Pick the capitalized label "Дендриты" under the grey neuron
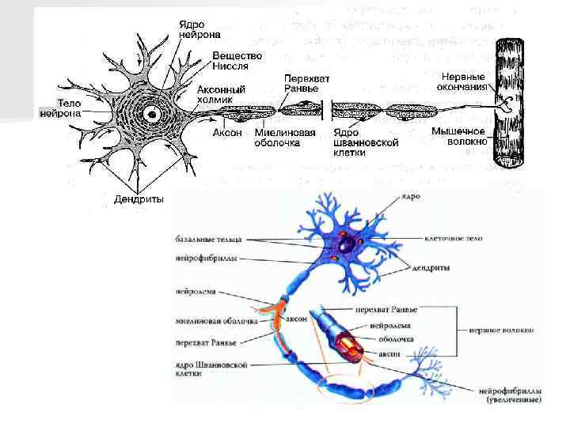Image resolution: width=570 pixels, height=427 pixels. click(137, 199)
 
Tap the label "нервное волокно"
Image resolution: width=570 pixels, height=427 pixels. click(500, 330)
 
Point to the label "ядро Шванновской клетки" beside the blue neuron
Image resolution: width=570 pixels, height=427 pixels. click(211, 368)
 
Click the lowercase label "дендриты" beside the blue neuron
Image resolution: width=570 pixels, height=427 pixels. click(431, 268)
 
